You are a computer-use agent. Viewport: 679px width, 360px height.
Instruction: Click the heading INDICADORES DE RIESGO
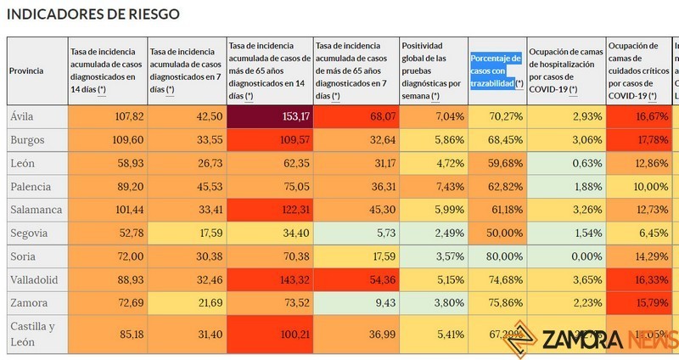pyautogui.click(x=94, y=14)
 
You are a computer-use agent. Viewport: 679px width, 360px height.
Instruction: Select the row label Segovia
pyautogui.click(x=30, y=233)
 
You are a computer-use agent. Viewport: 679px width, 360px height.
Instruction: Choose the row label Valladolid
pyautogui.click(x=34, y=279)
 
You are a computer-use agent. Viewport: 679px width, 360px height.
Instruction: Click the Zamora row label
pyautogui.click(x=29, y=302)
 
